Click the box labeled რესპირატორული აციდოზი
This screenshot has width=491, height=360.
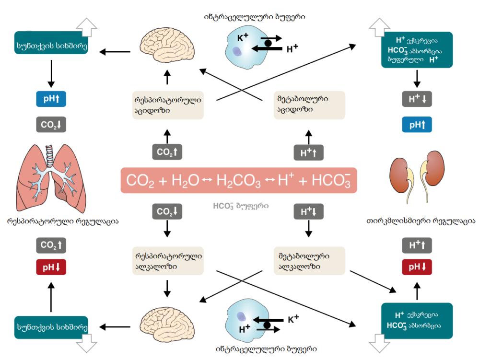point(167,105)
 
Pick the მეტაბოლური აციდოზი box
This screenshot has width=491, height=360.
point(309,105)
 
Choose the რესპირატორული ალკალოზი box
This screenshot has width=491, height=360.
point(167,261)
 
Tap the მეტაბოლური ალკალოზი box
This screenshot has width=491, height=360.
point(309,261)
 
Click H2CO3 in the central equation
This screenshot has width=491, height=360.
point(239,181)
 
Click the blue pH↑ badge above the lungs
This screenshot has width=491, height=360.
point(51,99)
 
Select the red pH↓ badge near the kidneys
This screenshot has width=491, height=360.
point(417,267)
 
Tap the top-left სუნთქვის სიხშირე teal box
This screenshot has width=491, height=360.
point(51,43)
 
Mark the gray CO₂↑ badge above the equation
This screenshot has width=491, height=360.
point(167,152)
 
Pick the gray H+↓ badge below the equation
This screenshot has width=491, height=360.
point(308,212)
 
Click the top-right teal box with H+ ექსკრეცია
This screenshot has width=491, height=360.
point(417,50)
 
